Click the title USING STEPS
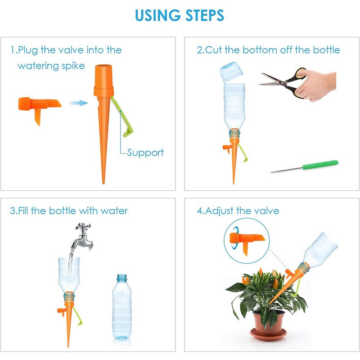coord(180,15)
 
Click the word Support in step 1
coord(145,153)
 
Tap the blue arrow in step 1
coord(78,103)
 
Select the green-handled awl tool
coord(306,166)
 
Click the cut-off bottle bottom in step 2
coord(232,72)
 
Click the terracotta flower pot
coord(268,322)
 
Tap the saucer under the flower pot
coord(269,335)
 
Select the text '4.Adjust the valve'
coord(238,211)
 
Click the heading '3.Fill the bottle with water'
coord(69,211)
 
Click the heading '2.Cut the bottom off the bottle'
coord(268,49)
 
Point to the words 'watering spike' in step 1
coord(51,66)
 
